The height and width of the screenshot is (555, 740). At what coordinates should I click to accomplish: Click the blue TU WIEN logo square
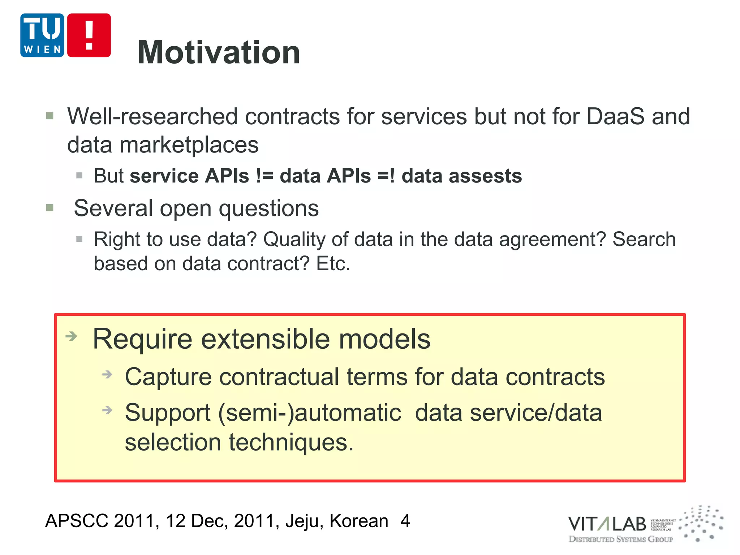(x=42, y=35)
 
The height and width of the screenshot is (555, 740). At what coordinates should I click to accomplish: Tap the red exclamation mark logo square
(x=89, y=35)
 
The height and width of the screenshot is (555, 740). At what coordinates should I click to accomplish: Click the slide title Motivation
(x=219, y=52)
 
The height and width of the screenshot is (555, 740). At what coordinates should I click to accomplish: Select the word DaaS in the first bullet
(x=615, y=116)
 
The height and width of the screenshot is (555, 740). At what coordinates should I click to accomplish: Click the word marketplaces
(x=189, y=145)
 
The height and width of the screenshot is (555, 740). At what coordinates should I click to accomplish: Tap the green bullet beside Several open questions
(x=50, y=208)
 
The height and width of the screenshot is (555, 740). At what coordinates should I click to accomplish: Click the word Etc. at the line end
(x=333, y=263)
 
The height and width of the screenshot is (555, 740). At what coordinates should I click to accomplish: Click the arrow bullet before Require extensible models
(x=72, y=336)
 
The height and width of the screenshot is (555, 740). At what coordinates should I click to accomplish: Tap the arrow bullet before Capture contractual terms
(x=107, y=374)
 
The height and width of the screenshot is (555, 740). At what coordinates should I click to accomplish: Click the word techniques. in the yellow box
(x=291, y=442)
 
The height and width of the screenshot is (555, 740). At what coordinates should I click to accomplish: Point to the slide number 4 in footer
(x=405, y=521)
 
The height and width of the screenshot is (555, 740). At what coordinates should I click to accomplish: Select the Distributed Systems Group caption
(x=620, y=539)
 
